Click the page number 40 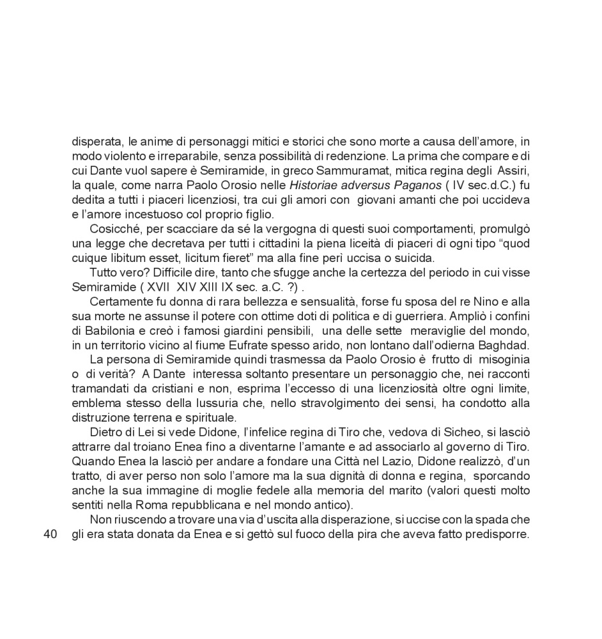[50, 534]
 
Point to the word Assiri [513, 171]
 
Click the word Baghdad [505, 345]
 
